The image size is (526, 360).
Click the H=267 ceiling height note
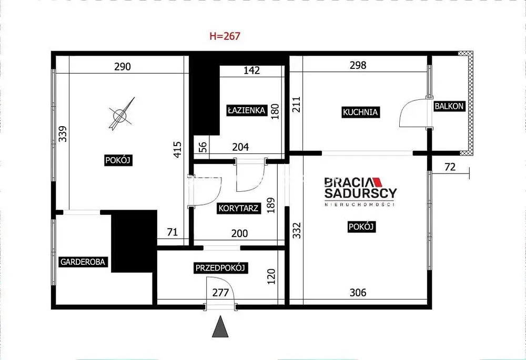tap(225, 36)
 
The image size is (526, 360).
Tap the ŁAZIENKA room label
tap(247, 110)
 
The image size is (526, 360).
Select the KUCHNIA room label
tap(360, 112)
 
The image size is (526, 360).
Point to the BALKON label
tap(449, 106)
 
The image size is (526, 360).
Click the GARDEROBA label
tap(83, 262)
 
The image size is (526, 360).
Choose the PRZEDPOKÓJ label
tap(220, 268)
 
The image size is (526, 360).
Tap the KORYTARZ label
tap(238, 208)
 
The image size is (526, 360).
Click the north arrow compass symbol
tap(121, 114)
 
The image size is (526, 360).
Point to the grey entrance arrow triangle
tap(220, 326)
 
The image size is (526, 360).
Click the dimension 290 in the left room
tap(123, 67)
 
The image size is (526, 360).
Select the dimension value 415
tap(177, 149)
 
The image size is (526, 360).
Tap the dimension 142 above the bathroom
tap(251, 70)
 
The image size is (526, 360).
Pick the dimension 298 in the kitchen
tap(358, 65)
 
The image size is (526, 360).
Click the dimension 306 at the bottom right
tap(358, 293)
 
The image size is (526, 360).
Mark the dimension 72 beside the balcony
tap(450, 167)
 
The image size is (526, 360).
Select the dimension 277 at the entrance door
tap(220, 293)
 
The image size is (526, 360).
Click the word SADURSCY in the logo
tap(361, 193)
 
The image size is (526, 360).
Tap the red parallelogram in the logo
tap(378, 182)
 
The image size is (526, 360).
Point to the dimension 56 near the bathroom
tap(203, 147)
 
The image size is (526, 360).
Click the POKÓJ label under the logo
tap(361, 227)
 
